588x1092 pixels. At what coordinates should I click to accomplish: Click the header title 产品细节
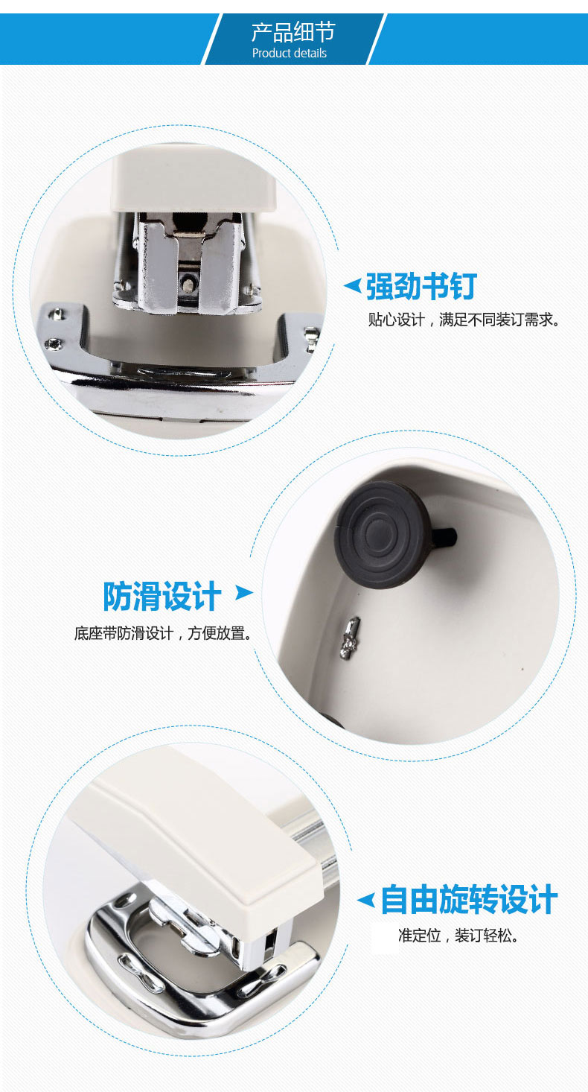(293, 31)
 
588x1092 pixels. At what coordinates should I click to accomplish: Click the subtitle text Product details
(290, 53)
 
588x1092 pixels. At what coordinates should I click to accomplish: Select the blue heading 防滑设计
(162, 596)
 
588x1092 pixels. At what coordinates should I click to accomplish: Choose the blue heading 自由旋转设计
(469, 899)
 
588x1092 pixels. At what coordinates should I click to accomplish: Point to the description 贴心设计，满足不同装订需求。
(464, 320)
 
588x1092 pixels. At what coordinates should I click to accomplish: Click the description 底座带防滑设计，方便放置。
(163, 634)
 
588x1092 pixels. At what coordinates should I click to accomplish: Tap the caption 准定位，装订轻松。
(458, 936)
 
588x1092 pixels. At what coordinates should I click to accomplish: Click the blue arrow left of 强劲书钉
(352, 285)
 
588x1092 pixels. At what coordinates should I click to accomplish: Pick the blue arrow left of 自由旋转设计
(365, 900)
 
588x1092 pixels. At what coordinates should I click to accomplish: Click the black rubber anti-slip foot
(382, 533)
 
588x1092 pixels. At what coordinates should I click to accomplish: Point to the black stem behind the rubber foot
(447, 535)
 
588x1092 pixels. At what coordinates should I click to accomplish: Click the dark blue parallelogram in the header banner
(293, 39)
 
